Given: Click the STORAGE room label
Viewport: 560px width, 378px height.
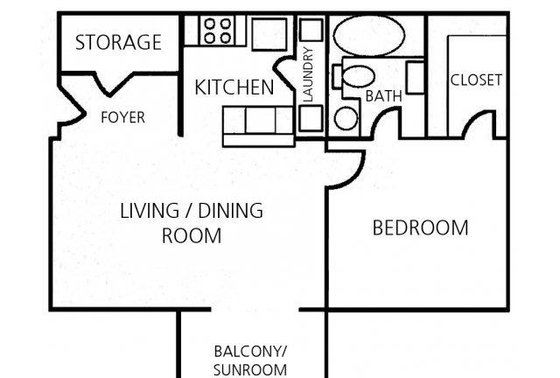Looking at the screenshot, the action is pos(118,42).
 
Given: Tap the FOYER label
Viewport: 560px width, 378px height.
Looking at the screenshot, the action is pos(122,117).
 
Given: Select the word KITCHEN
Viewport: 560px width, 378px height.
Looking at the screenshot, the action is pos(234,87).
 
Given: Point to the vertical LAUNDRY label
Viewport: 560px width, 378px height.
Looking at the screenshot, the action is pos(307,74).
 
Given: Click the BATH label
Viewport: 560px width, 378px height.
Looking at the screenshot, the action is pos(383,96).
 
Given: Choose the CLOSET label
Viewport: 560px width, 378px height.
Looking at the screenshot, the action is pos(476,80).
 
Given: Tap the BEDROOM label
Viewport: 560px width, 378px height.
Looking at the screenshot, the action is pos(420,228).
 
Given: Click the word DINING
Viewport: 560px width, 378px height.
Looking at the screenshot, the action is pos(230,210).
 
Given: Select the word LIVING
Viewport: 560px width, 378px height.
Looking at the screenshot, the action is pos(150,210).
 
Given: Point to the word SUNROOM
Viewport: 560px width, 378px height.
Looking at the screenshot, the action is pos(250,370).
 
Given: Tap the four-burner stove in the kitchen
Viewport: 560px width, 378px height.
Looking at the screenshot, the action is pos(217,31).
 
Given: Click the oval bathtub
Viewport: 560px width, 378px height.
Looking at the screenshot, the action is pos(369,35).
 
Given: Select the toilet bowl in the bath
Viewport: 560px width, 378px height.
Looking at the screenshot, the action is pos(358,76).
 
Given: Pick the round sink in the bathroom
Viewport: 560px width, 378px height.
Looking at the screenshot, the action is pos(346,118).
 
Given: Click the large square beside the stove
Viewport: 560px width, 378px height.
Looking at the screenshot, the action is pos(269,34).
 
